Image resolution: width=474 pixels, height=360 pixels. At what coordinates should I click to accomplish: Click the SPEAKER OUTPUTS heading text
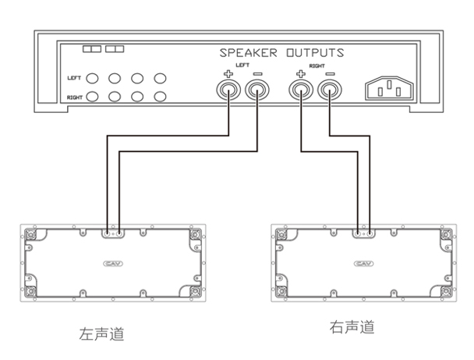[x=281, y=53]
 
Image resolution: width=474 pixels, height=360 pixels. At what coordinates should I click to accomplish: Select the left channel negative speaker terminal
[x=256, y=92]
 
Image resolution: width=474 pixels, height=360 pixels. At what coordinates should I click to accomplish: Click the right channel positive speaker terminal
[x=300, y=92]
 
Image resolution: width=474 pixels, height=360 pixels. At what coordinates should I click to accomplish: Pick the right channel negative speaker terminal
[x=329, y=92]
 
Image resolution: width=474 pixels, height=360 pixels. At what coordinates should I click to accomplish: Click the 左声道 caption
[x=101, y=334]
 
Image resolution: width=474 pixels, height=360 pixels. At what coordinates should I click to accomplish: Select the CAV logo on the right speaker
[x=362, y=263]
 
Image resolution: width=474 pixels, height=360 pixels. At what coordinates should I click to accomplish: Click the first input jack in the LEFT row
[x=92, y=79]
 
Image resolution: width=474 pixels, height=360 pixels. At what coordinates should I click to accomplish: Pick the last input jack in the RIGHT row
[x=161, y=97]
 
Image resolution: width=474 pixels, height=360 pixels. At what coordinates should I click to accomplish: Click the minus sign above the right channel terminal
[x=329, y=74]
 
